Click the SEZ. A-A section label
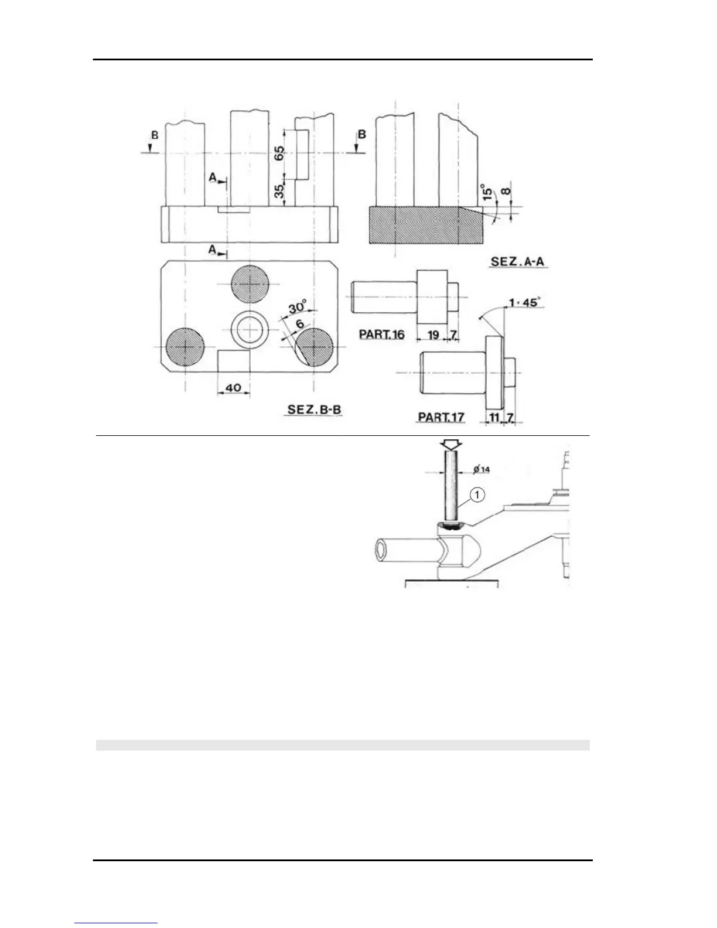[518, 261]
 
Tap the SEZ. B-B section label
[315, 409]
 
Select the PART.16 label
[381, 335]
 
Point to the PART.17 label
[441, 417]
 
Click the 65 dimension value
[279, 153]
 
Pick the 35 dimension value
[280, 190]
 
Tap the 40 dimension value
[233, 388]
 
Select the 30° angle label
[297, 308]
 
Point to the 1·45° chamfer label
[525, 303]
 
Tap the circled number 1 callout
[478, 496]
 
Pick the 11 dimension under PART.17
[494, 417]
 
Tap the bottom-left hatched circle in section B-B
[186, 347]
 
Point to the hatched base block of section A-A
[426, 225]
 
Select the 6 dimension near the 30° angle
[299, 323]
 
